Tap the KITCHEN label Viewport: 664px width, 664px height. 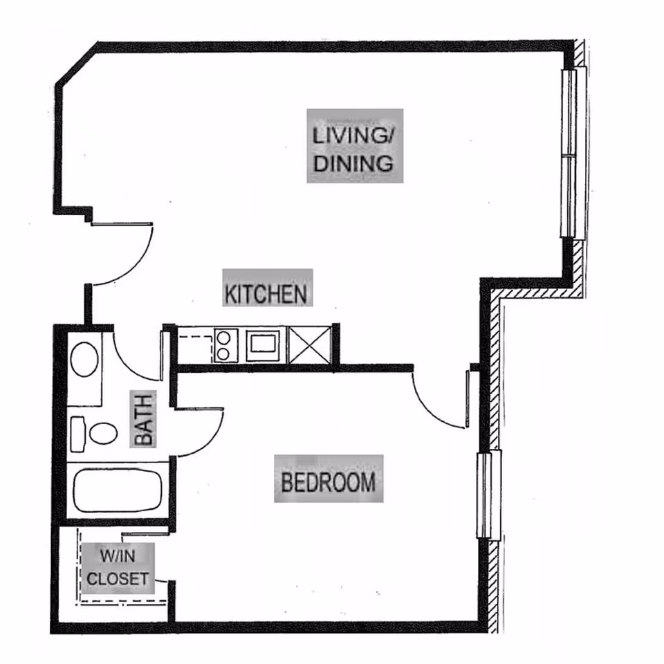click(x=266, y=294)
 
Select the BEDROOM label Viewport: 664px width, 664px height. click(x=329, y=482)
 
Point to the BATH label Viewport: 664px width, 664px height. click(x=143, y=420)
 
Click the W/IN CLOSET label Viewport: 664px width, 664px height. click(x=118, y=567)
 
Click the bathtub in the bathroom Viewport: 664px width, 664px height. click(x=118, y=490)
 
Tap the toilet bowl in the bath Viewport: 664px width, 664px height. click(x=103, y=433)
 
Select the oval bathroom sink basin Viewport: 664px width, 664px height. click(x=84, y=360)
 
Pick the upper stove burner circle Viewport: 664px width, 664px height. click(x=223, y=338)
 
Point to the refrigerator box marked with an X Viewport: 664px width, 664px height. click(x=309, y=344)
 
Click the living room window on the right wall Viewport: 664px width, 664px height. click(x=573, y=153)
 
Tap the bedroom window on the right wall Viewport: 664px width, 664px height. click(x=488, y=494)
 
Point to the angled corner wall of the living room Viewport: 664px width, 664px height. click(x=77, y=63)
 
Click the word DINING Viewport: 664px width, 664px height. click(x=353, y=163)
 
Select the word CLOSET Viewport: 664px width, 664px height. click(x=118, y=578)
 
